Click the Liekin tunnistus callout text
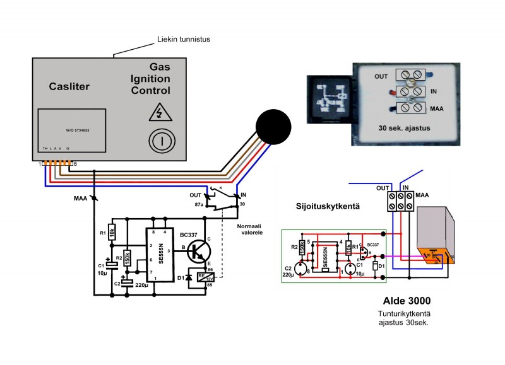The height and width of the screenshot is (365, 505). tap(184, 40)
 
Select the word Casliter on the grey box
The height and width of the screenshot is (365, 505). tap(69, 86)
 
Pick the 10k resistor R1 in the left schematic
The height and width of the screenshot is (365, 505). tap(112, 231)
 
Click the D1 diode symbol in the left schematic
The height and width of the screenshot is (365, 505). tap(189, 277)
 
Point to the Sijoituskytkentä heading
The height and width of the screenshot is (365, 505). tap(324, 206)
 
